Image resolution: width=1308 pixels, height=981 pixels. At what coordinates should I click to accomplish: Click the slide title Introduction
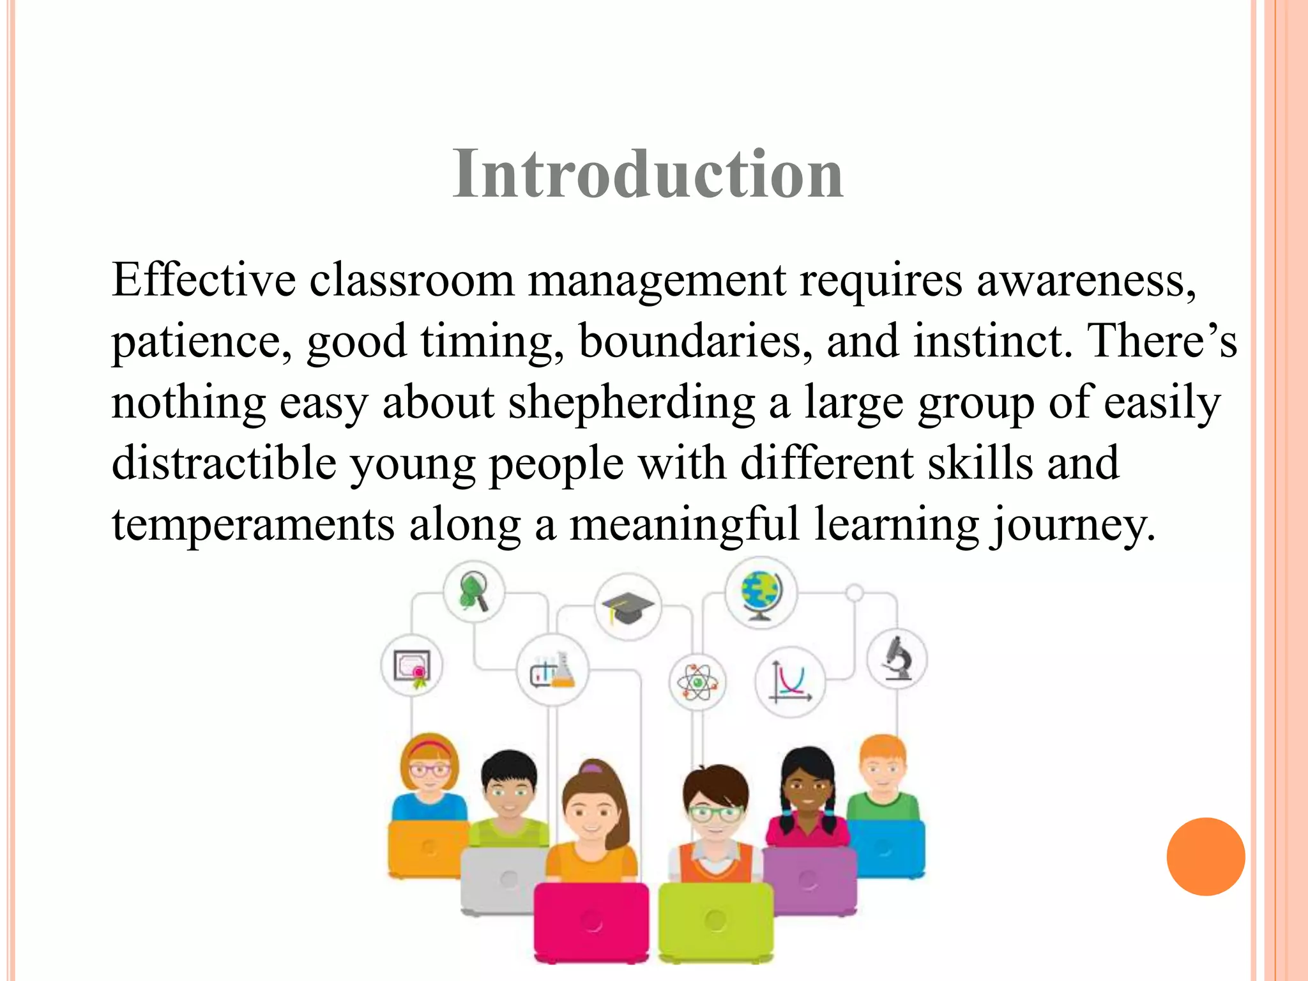(648, 174)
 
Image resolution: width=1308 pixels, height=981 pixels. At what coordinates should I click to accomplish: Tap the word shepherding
(632, 403)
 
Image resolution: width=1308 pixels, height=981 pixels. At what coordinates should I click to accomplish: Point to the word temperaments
(253, 524)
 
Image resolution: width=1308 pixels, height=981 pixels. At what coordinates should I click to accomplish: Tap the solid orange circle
(1205, 856)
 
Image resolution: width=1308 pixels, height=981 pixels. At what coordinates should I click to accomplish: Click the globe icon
(761, 593)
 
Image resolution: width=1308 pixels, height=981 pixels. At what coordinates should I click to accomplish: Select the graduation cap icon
(628, 607)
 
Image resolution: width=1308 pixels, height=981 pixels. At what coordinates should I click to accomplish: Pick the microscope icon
(897, 658)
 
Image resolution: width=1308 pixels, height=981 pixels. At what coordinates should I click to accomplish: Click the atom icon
(697, 682)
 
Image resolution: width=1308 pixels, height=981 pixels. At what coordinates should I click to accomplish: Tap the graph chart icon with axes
(790, 682)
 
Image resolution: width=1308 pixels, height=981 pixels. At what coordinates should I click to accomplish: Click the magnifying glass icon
(474, 591)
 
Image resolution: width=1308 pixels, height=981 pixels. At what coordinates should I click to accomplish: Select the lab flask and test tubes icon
(552, 670)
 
